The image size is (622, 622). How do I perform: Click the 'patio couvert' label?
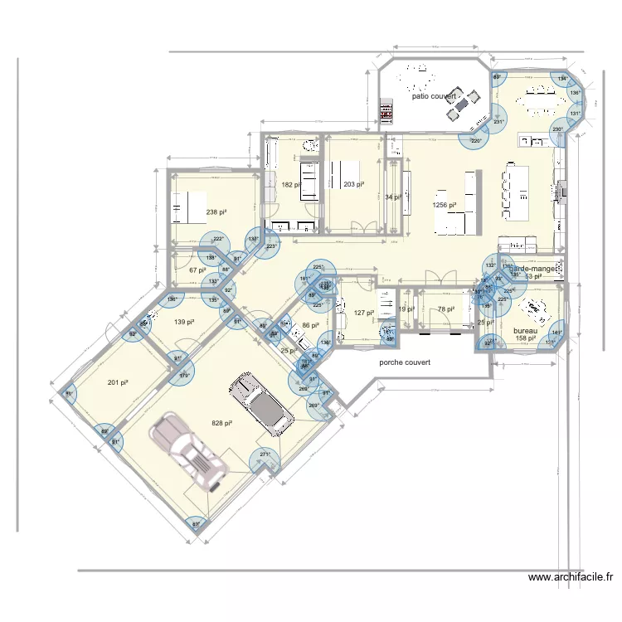click(435, 97)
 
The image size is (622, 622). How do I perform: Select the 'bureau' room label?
click(526, 329)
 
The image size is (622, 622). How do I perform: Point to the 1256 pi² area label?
click(445, 205)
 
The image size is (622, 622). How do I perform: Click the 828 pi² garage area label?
click(221, 423)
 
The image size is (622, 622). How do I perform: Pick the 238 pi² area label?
click(216, 212)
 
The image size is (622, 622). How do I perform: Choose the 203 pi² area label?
click(353, 185)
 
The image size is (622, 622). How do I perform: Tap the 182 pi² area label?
click(291, 185)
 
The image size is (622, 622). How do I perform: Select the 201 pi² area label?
click(118, 382)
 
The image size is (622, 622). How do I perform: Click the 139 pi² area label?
click(184, 322)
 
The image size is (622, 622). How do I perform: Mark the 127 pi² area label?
click(364, 313)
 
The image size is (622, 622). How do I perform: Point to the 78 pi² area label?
click(445, 309)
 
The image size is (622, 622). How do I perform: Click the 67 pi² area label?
click(197, 270)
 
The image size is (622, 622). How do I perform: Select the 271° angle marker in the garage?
click(265, 454)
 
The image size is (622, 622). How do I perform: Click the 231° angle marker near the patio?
click(498, 123)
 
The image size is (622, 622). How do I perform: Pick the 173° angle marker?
click(185, 376)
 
